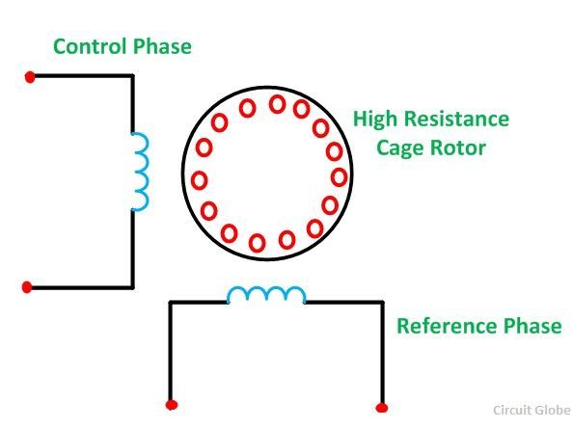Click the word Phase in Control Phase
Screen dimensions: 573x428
[x=162, y=46]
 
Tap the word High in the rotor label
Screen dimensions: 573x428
[x=375, y=120]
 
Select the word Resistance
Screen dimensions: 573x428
[x=457, y=119]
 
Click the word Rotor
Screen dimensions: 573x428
[x=458, y=147]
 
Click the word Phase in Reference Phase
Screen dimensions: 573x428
[x=532, y=326]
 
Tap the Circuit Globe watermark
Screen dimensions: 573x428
[x=532, y=410]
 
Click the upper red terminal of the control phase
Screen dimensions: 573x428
[x=30, y=77]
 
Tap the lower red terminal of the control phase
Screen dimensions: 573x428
[x=27, y=287]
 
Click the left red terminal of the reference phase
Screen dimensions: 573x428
[x=172, y=405]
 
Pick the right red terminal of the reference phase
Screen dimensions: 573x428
[x=382, y=408]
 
